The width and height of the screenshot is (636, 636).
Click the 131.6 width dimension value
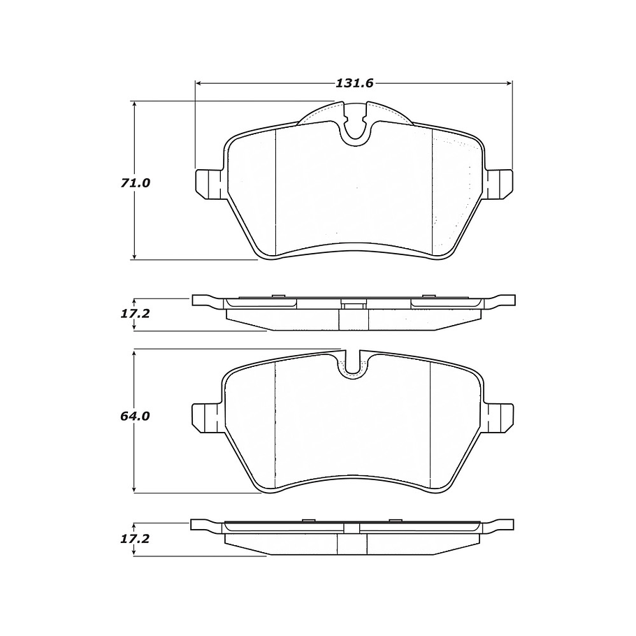tap(355, 83)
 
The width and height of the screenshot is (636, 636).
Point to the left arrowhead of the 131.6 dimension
tap(198, 83)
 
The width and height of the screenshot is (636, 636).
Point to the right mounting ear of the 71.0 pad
tap(500, 182)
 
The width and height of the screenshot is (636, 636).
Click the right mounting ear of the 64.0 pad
tap(500, 416)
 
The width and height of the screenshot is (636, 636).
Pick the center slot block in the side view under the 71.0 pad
tap(354, 315)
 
